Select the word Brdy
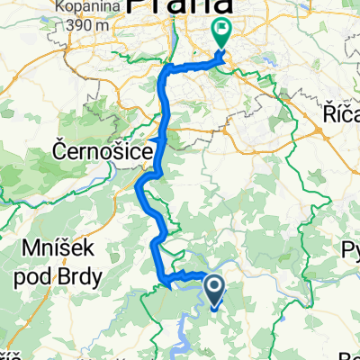click(x=82, y=273)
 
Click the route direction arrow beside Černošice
click(x=161, y=141)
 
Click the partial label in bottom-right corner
click(x=354, y=354)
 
